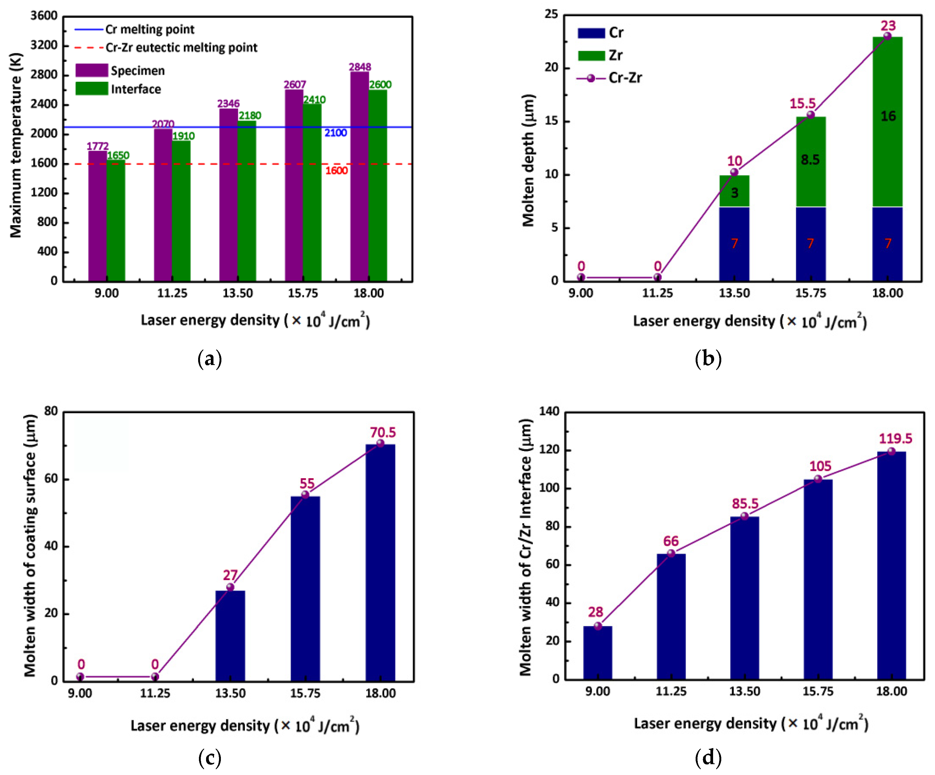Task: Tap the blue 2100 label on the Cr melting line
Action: coord(335,133)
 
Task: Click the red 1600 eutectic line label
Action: coord(336,171)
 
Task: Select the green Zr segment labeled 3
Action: coord(734,192)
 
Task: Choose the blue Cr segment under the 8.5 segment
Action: coord(810,244)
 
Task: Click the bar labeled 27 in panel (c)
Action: coord(230,636)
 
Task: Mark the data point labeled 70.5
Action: coord(380,443)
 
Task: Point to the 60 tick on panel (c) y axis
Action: coord(51,479)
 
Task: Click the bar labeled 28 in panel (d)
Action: coord(598,653)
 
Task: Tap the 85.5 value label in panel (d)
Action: coord(745,504)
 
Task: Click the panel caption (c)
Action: coord(209,757)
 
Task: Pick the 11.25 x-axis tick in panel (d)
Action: coord(671,691)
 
